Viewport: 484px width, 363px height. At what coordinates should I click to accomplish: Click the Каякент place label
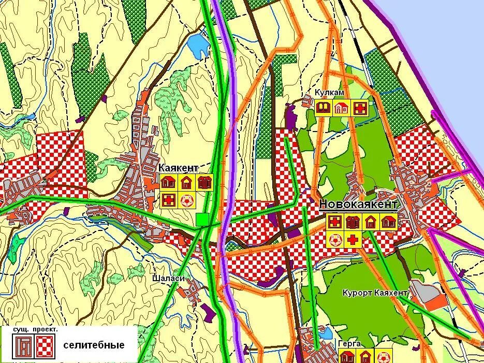coord(178,168)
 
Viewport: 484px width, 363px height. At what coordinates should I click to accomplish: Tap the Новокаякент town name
coord(358,204)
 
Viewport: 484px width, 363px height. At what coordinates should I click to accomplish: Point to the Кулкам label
coord(329,92)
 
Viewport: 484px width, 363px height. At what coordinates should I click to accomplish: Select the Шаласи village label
coord(168,278)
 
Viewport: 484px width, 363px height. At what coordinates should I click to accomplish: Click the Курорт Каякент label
coord(375,293)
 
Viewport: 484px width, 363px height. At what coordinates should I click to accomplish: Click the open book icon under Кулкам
coord(324,108)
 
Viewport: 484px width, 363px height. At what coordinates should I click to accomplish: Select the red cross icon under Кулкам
coord(360,108)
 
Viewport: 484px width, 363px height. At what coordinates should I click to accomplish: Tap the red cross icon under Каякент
coord(168,199)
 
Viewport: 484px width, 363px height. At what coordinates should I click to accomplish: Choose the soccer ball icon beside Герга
coord(384,357)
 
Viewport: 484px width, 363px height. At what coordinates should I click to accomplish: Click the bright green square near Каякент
coord(202,220)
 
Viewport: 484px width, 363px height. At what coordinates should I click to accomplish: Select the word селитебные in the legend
coord(94,345)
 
